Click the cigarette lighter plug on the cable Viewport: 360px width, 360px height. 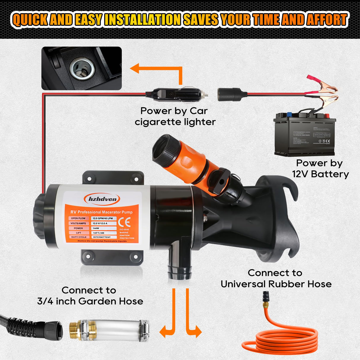coord(178,94)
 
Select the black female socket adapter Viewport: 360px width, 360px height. coord(232,94)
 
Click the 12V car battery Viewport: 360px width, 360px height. coord(305,135)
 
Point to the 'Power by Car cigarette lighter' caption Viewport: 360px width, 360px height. coord(175,116)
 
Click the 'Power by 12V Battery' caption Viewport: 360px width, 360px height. coord(320,168)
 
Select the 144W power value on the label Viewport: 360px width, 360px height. coord(96,228)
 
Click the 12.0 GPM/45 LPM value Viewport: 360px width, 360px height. coord(103,218)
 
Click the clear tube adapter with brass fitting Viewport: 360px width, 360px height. coord(110,330)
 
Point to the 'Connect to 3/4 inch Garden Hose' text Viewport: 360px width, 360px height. coord(90,296)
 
